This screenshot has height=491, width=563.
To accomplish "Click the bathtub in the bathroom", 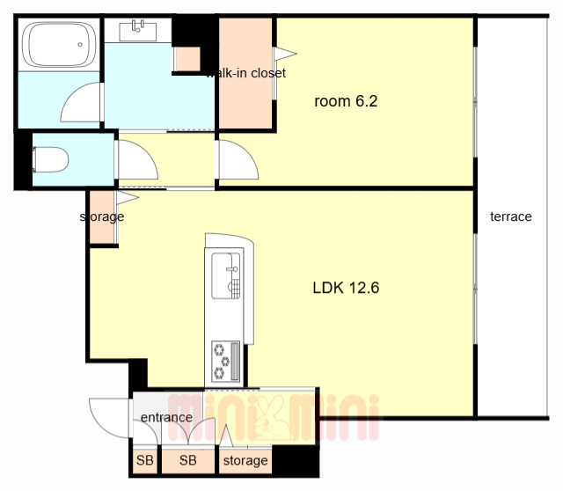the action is tap(59, 45).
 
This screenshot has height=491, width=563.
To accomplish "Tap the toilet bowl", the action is tap(51, 159).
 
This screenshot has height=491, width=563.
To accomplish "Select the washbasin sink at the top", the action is tap(138, 32).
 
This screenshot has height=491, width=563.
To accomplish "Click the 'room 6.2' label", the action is tap(346, 101).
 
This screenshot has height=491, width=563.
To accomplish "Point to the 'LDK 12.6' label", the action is tap(346, 288).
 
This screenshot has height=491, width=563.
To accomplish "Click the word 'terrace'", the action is tap(510, 216).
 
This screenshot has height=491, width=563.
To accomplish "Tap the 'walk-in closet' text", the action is tap(246, 73).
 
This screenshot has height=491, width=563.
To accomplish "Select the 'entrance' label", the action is tap(166, 417).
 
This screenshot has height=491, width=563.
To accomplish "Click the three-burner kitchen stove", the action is tap(226, 361).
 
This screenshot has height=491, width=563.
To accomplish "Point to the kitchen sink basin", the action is tap(226, 275).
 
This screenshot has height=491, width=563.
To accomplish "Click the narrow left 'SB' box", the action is tap(145, 460).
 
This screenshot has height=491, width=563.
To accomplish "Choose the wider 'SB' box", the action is tap(188, 460).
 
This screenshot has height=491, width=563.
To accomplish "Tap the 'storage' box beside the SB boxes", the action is tap(245, 460).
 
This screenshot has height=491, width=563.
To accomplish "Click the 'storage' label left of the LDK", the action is tap(102, 217).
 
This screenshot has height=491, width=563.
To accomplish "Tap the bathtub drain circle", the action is tap(80, 45).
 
